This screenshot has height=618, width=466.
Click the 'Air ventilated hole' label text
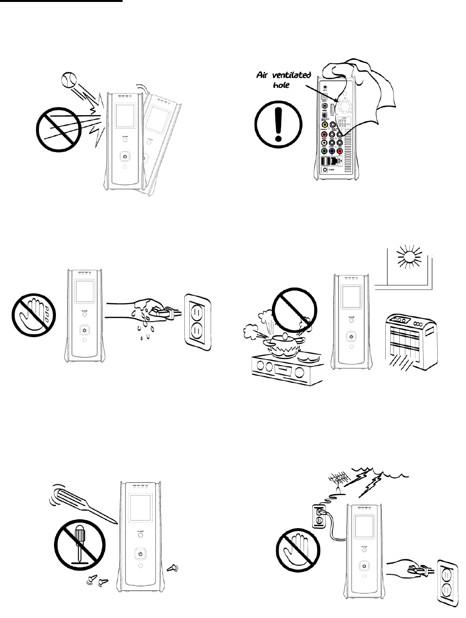[x=284, y=80]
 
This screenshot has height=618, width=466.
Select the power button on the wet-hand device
[x=84, y=331]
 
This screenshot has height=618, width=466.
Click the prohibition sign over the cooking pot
[x=294, y=310]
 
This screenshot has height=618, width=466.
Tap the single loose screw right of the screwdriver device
[x=171, y=567]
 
